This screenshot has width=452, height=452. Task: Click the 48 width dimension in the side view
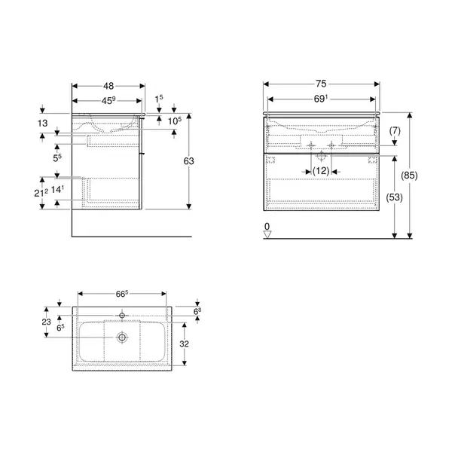(x=108, y=86)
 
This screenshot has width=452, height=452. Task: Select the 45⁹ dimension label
(x=108, y=101)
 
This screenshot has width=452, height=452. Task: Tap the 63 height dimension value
(x=189, y=161)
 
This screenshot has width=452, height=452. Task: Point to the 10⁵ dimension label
(x=175, y=121)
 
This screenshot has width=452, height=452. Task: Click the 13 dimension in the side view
(x=42, y=124)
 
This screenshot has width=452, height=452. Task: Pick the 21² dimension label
(x=41, y=193)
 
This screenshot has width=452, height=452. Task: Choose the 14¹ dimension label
(x=57, y=189)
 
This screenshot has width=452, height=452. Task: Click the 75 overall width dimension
(x=321, y=84)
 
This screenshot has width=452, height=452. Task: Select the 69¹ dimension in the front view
(x=321, y=99)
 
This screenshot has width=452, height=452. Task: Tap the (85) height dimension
(x=409, y=176)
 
